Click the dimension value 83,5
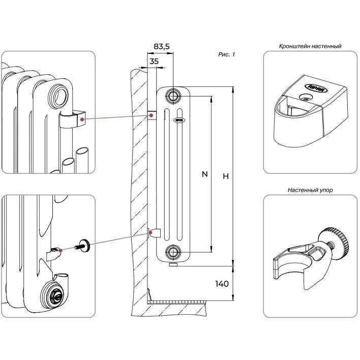(x=161, y=46)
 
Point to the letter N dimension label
(x=204, y=174)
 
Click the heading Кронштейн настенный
(x=310, y=46)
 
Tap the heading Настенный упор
(x=310, y=190)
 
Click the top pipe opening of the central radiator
(x=173, y=96)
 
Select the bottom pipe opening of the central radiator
(x=173, y=252)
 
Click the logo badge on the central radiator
(x=179, y=120)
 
